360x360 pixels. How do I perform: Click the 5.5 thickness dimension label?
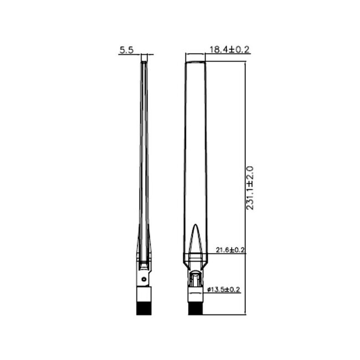pyautogui.click(x=126, y=50)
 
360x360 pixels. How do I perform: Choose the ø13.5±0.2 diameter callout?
pyautogui.click(x=224, y=289)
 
